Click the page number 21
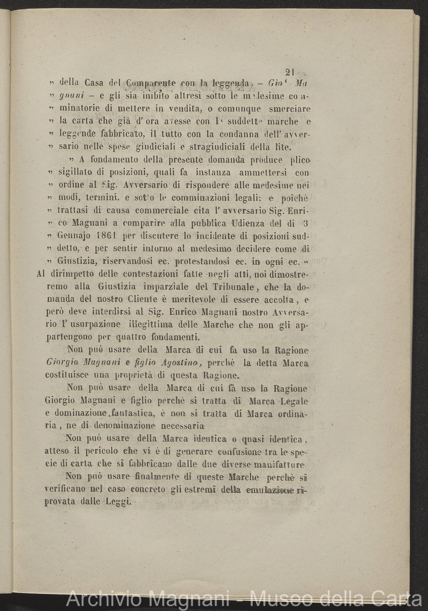pos(289,72)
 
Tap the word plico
pos(299,159)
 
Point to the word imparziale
pos(162,287)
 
